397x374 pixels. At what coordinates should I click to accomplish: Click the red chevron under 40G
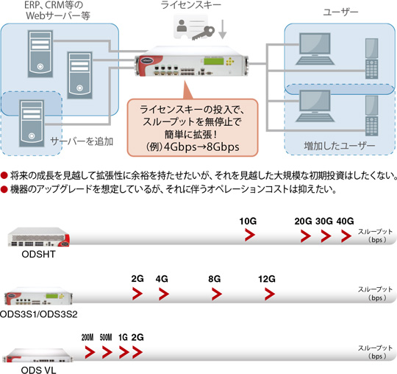[x=346, y=236]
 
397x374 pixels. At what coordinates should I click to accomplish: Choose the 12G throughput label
[x=266, y=280]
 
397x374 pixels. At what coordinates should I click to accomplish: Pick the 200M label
[x=87, y=336]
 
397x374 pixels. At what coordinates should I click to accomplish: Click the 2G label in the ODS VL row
[x=137, y=336]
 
